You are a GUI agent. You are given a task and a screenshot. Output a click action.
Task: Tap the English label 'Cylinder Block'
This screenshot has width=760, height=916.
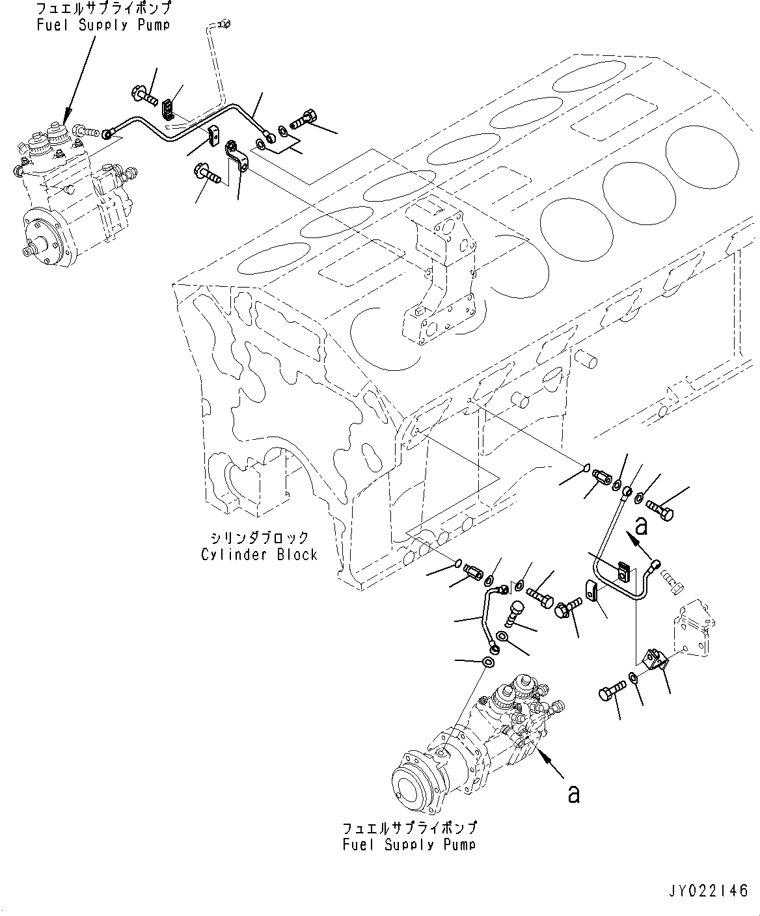coord(259,555)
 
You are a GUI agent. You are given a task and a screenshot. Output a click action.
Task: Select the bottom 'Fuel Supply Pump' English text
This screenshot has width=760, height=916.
coord(409,844)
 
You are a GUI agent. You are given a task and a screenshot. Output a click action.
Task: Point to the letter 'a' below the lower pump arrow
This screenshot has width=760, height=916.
coord(573,794)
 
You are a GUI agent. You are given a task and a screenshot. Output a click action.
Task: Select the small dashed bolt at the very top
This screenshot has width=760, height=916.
coord(225,25)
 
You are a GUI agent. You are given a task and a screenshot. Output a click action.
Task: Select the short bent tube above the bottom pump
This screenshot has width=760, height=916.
coord(488,615)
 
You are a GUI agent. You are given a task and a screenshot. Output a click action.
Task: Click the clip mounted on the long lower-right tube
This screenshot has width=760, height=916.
coord(624,573)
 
